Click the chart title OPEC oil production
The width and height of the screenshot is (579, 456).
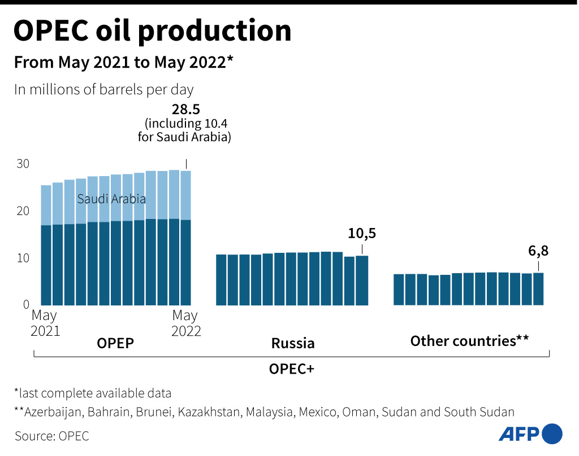152,31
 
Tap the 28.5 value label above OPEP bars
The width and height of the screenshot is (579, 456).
186,109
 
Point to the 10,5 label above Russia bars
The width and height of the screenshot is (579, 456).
362,233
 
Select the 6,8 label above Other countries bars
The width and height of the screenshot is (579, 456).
538,251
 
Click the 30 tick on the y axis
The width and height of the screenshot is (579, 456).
22,164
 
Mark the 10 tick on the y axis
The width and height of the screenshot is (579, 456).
22,258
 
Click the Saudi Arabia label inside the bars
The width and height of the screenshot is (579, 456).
111,199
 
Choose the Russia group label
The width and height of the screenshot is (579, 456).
292,343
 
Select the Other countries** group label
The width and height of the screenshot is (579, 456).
469,341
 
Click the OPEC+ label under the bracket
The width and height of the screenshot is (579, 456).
292,369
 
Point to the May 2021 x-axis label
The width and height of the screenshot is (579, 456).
45,323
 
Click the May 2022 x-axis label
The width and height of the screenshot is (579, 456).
186,323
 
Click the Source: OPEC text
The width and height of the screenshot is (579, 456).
52,436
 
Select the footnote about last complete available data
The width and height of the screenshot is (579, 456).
93,393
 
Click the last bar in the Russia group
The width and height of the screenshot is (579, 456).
362,280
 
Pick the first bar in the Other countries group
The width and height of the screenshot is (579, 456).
399,290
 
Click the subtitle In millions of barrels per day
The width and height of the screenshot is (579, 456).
104,90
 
